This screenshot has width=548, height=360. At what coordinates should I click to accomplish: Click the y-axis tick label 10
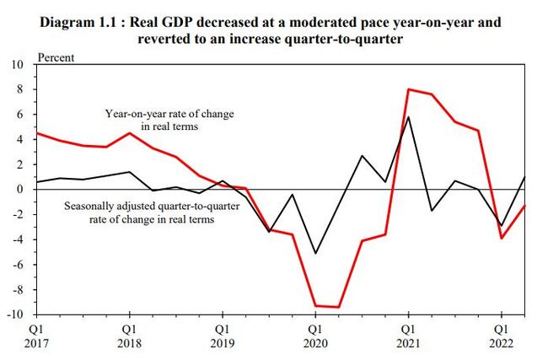[x=19, y=64]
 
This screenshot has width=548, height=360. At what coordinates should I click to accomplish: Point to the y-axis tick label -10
[x=17, y=314]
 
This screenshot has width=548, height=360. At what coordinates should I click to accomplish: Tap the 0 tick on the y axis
[x=21, y=189]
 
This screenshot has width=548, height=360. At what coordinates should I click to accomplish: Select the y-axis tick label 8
[x=21, y=89]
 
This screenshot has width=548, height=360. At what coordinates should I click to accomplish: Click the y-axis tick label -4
[x=19, y=239]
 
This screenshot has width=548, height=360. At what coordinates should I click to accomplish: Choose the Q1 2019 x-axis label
[x=221, y=336]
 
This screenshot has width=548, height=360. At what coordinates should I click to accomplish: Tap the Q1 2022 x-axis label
[x=500, y=336]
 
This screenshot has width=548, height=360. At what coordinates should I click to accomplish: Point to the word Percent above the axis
[x=56, y=58]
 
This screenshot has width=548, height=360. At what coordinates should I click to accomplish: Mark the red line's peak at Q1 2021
[x=408, y=89]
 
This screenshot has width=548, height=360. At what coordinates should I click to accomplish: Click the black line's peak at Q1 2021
[x=408, y=116]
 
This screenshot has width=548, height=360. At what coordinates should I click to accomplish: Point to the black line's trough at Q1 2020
[x=314, y=253]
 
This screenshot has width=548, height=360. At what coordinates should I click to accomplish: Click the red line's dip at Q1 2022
[x=501, y=238]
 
